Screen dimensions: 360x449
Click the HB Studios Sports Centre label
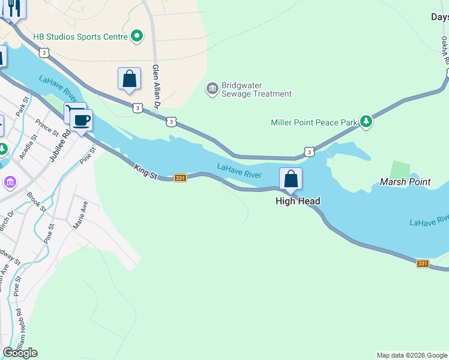(80, 37)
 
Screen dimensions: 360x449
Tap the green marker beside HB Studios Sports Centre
(137, 37)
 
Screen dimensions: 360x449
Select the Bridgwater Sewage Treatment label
(256, 89)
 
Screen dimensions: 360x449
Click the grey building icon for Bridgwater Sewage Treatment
(212, 89)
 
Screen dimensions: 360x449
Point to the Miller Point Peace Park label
(314, 122)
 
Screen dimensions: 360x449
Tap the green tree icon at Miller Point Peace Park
(366, 122)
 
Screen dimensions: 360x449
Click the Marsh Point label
(405, 182)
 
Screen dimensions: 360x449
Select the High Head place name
(298, 202)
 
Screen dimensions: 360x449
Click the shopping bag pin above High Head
(291, 179)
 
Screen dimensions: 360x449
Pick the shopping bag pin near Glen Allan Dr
(129, 79)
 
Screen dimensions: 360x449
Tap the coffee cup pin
(81, 119)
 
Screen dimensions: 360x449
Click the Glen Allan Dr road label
(157, 86)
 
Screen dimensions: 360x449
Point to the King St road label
(146, 173)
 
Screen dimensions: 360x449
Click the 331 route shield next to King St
(180, 178)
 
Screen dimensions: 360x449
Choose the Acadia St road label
(29, 146)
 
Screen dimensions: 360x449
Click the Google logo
(20, 353)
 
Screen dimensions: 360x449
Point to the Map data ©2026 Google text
(412, 355)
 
